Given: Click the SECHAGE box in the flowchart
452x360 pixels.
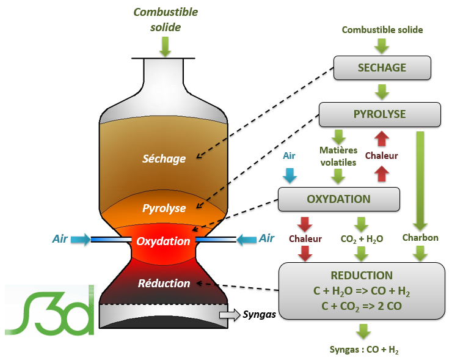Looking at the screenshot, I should (382, 68).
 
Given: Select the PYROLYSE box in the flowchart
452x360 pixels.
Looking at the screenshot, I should (379, 114).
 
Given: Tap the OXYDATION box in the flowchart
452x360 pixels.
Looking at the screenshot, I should (338, 199).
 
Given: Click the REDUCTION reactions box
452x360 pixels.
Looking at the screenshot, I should (361, 290).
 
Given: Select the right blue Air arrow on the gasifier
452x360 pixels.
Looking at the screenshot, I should (246, 240).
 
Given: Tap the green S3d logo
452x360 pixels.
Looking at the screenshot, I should (51, 310).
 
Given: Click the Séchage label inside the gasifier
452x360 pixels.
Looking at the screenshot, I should (164, 159).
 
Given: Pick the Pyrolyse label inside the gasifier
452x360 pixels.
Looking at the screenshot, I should (164, 208).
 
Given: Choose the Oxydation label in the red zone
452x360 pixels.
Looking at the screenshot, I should (163, 241).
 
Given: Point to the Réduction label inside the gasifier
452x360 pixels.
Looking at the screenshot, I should (164, 284).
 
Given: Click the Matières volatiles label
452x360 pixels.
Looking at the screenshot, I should (337, 156).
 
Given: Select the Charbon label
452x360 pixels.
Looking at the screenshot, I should (420, 237).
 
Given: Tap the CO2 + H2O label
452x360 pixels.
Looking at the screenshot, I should (361, 239).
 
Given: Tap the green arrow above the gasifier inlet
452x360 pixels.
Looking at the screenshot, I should (166, 45).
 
